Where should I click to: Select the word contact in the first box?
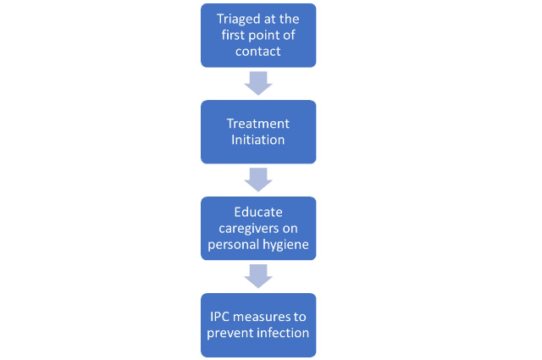tap(257, 52)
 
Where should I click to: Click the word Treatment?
tap(257, 124)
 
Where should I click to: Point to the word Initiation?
tap(257, 140)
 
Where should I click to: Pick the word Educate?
tap(258, 212)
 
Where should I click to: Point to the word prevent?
tap(230, 334)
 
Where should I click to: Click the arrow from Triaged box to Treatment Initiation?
tap(258, 83)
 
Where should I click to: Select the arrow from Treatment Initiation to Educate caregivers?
tap(258, 180)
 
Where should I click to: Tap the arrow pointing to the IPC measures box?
tap(258, 276)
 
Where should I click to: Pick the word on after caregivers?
tap(290, 229)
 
